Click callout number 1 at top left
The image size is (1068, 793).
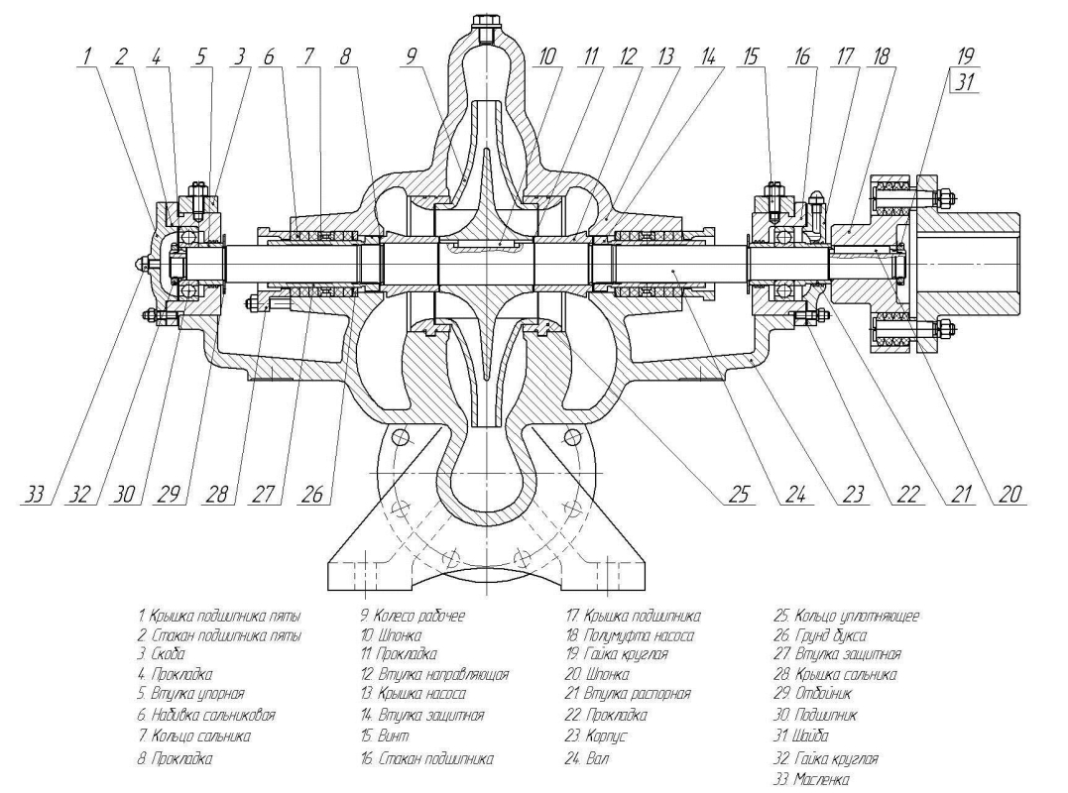[86, 57]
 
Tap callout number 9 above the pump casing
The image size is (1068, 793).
[410, 57]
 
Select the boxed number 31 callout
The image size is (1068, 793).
[966, 82]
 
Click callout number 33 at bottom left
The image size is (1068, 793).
[35, 494]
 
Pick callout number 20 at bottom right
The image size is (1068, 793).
[1010, 494]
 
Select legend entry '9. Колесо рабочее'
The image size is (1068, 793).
[413, 616]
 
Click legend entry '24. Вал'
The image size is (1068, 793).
[586, 757]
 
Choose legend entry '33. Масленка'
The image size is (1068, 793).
[811, 779]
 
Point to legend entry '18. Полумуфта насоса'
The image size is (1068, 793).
[630, 635]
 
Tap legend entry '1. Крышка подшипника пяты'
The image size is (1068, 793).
[218, 616]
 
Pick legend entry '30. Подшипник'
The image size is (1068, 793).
[814, 715]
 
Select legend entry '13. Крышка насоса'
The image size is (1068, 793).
[414, 694]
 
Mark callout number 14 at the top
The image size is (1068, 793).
[709, 57]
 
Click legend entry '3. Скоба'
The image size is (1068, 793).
[161, 654]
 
